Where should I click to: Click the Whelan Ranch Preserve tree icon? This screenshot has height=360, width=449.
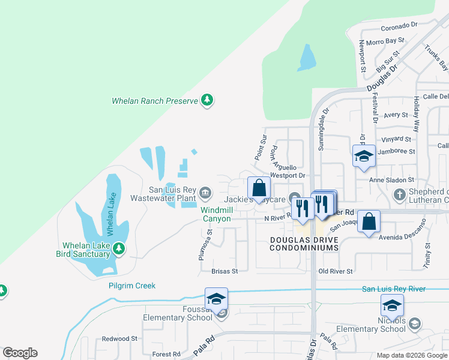[x=207, y=100]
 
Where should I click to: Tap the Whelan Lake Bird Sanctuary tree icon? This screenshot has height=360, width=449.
[x=119, y=248]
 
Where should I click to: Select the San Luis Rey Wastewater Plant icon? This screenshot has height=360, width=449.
[x=205, y=193]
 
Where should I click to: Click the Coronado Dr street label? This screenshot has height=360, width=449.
[x=398, y=26]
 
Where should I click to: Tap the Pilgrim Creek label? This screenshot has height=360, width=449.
[x=132, y=286]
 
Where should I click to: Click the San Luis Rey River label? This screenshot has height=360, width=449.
[x=394, y=289]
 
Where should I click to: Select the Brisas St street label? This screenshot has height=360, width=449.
[x=224, y=271]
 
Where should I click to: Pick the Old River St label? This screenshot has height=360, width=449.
[x=336, y=271]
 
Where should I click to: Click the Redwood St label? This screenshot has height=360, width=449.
[x=120, y=338]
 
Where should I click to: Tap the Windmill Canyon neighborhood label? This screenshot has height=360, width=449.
[x=215, y=214]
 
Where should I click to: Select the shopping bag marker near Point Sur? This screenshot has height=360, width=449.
[x=259, y=187]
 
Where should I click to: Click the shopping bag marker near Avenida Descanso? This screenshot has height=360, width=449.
[x=370, y=220]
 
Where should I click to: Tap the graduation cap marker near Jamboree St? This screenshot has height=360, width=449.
[x=363, y=156]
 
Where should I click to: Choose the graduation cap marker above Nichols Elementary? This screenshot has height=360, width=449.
[x=392, y=305]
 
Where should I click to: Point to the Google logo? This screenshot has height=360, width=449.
[x=20, y=353]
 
